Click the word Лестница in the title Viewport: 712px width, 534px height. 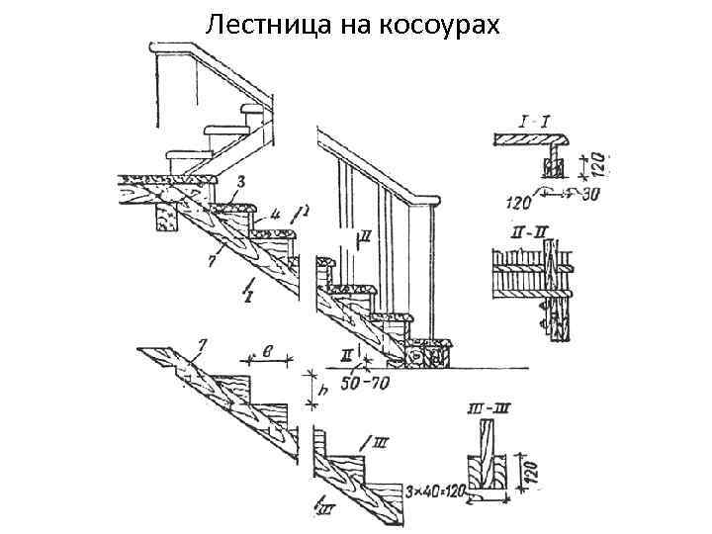(x=257, y=24)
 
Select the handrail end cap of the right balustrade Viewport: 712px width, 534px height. (x=431, y=203)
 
